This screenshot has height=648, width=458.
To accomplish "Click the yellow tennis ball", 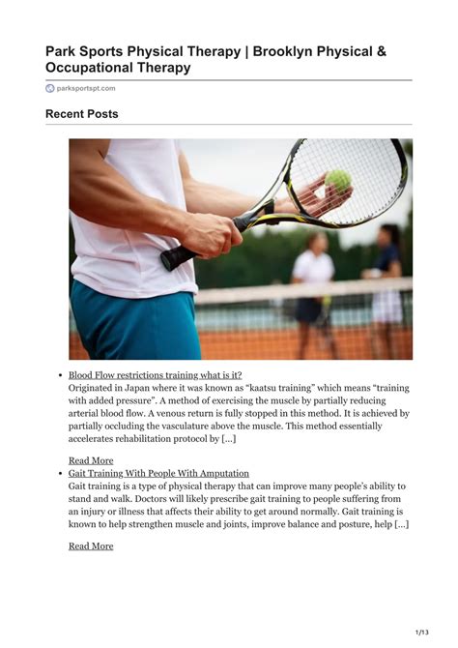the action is tap(339, 180).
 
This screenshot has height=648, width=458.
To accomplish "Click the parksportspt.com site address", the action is tap(87, 88).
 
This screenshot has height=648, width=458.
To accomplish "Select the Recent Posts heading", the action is tap(81, 114).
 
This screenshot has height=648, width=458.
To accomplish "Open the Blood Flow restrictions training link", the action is tap(155, 375).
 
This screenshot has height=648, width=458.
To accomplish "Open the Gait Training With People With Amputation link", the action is tap(158, 474).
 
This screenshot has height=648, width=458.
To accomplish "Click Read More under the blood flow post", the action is tap(90, 460).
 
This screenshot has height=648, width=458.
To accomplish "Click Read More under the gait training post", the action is tap(90, 545).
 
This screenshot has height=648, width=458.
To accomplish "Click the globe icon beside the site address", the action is tap(50, 88).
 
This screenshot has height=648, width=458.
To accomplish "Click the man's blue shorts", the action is tap(135, 324).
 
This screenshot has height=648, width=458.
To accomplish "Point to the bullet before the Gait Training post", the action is tap(60, 474).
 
